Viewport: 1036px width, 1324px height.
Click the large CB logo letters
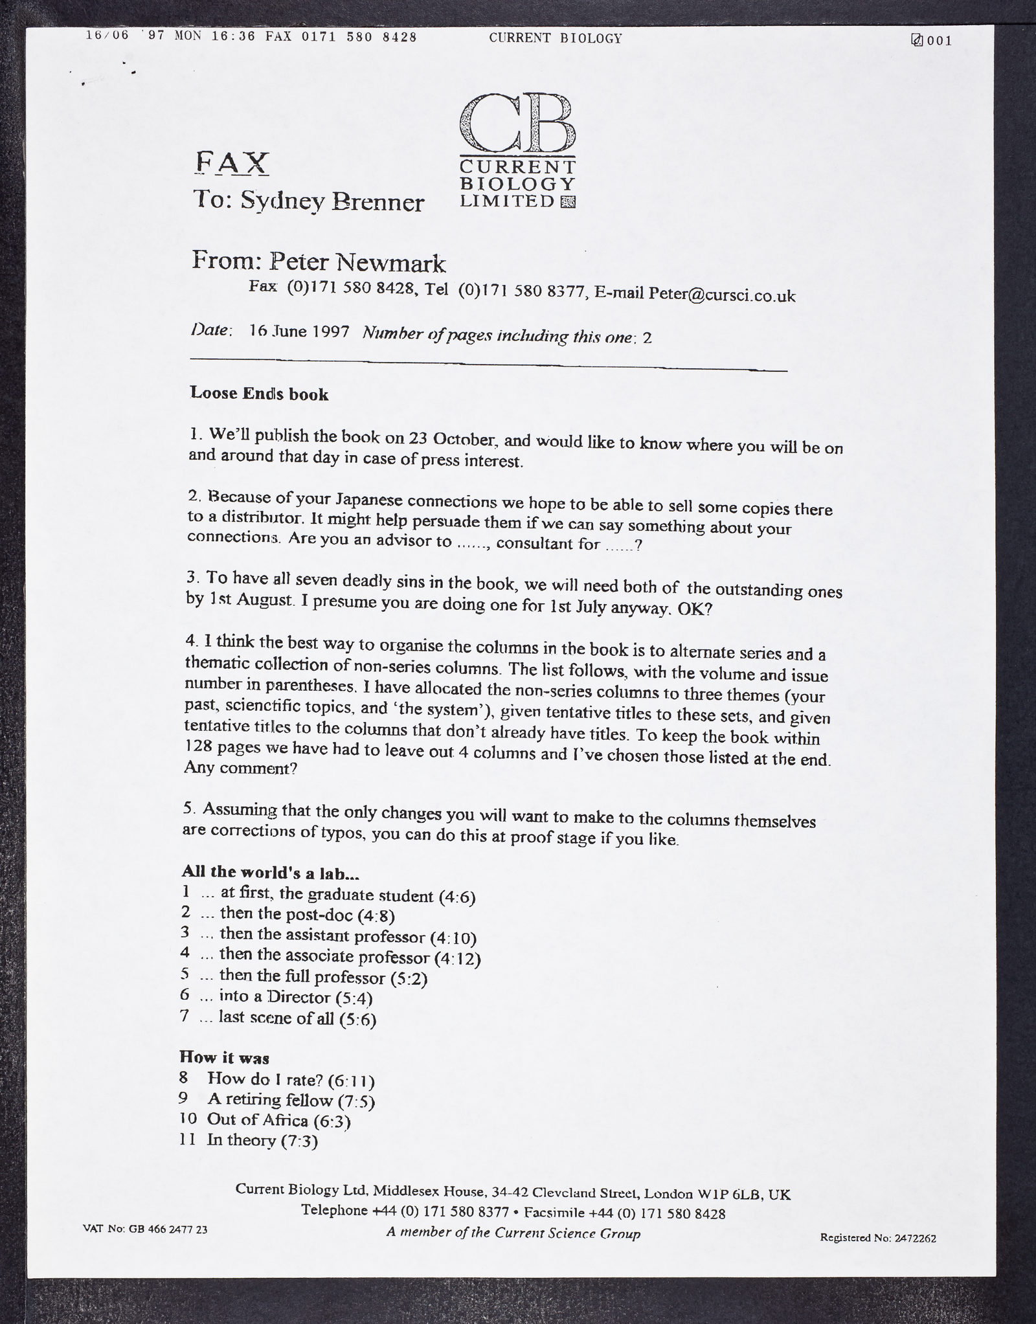pos(517,123)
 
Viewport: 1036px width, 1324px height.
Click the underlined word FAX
pos(231,163)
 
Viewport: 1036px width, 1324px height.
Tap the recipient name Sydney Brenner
pos(332,201)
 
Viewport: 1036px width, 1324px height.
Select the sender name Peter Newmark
pos(357,262)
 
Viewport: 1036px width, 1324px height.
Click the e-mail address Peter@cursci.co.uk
pos(722,295)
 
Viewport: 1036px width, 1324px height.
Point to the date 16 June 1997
pos(299,332)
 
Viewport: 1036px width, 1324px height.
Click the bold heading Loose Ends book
pos(259,394)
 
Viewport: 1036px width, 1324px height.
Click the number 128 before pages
pos(196,746)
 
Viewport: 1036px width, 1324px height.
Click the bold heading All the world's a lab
pos(270,872)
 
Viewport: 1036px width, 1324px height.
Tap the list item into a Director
pos(295,997)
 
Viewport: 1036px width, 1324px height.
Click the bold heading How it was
pos(224,1057)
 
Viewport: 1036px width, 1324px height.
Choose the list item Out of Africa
pos(279,1119)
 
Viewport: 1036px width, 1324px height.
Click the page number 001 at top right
pos(939,41)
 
